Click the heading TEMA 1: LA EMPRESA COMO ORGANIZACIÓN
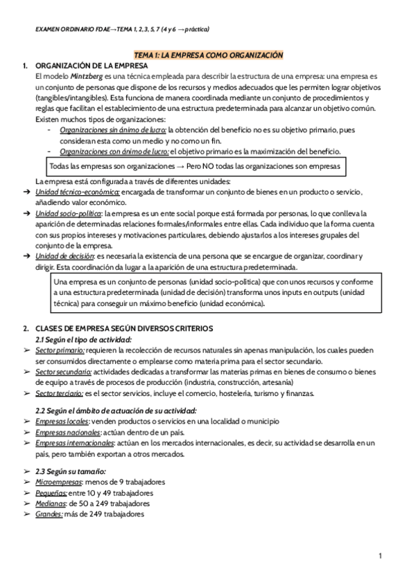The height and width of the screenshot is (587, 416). [x=208, y=54]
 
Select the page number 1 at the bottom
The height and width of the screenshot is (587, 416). [x=381, y=556]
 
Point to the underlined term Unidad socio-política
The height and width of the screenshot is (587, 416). [x=71, y=215]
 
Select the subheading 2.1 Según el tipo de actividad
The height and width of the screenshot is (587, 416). [x=83, y=340]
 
